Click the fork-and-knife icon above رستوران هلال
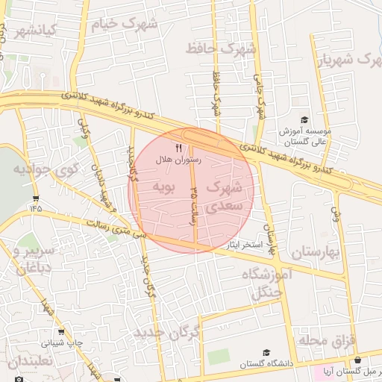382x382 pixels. (x=178, y=148)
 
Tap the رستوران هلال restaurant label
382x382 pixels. (x=174, y=160)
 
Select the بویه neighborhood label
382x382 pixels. (x=162, y=186)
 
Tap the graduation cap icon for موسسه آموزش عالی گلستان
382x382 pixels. (x=304, y=120)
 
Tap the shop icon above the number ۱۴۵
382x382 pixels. (x=36, y=199)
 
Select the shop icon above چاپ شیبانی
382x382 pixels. (x=60, y=332)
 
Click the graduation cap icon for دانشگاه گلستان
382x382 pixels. (x=266, y=352)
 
